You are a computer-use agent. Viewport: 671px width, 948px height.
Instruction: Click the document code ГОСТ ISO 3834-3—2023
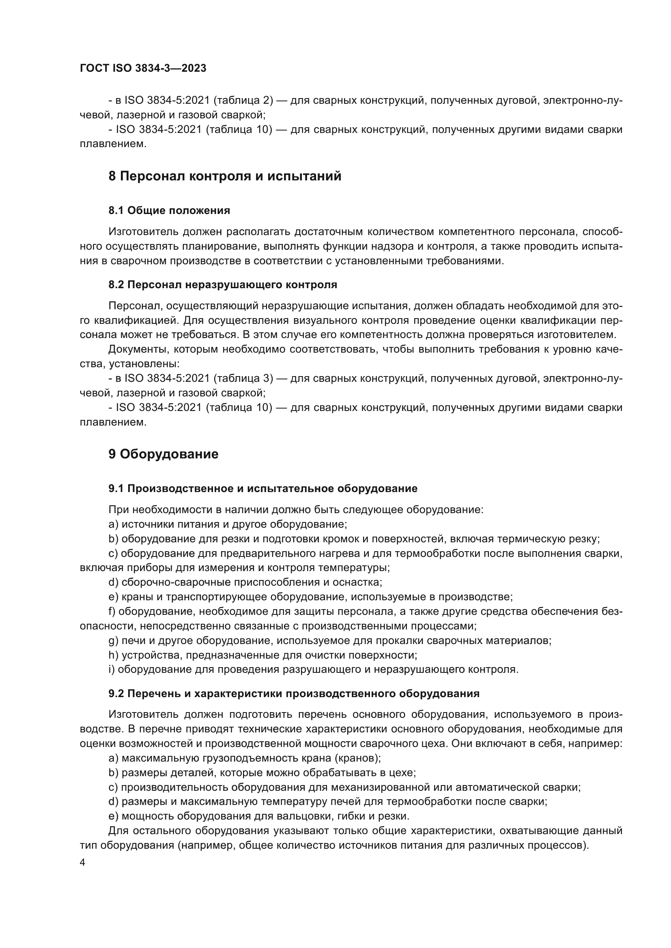pos(143,68)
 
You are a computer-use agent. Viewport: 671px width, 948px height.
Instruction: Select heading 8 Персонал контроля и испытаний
pos(225,176)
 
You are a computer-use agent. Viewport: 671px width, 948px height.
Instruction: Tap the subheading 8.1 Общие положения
pos(169,211)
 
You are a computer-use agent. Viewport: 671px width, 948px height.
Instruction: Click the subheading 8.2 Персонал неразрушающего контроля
pos(223,285)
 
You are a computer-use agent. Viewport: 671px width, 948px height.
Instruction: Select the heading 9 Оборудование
pos(163,454)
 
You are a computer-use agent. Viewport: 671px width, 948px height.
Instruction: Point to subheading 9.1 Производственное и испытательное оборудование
pos(263,488)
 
